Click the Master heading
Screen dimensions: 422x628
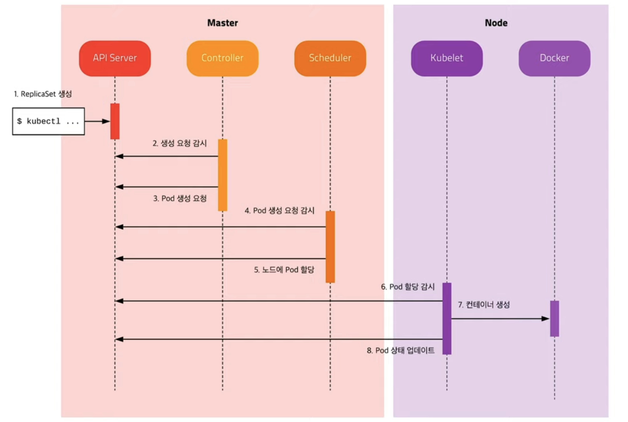coord(223,23)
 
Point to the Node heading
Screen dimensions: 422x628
coord(496,23)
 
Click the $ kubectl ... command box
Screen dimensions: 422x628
coord(48,121)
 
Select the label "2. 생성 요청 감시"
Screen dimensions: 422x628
coord(180,143)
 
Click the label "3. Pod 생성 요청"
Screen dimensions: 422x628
coord(180,198)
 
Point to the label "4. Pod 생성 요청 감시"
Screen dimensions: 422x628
coord(280,210)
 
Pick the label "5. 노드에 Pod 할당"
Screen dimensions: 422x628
coord(284,270)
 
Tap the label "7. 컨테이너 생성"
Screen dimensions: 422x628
coord(484,305)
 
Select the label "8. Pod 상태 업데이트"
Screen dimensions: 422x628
coord(401,350)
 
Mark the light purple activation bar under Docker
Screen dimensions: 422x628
coord(554,319)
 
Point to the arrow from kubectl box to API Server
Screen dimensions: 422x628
coord(97,121)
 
